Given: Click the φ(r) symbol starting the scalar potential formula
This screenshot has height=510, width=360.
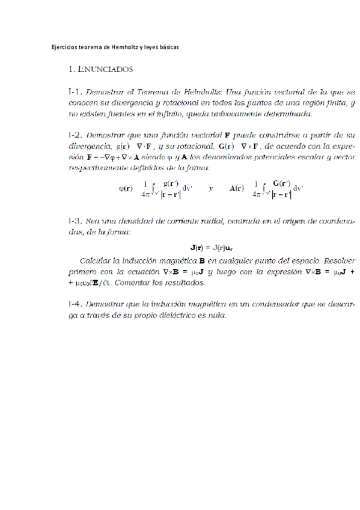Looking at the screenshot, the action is (125, 188).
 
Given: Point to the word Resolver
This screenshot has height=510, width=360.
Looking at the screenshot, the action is (340, 262).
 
